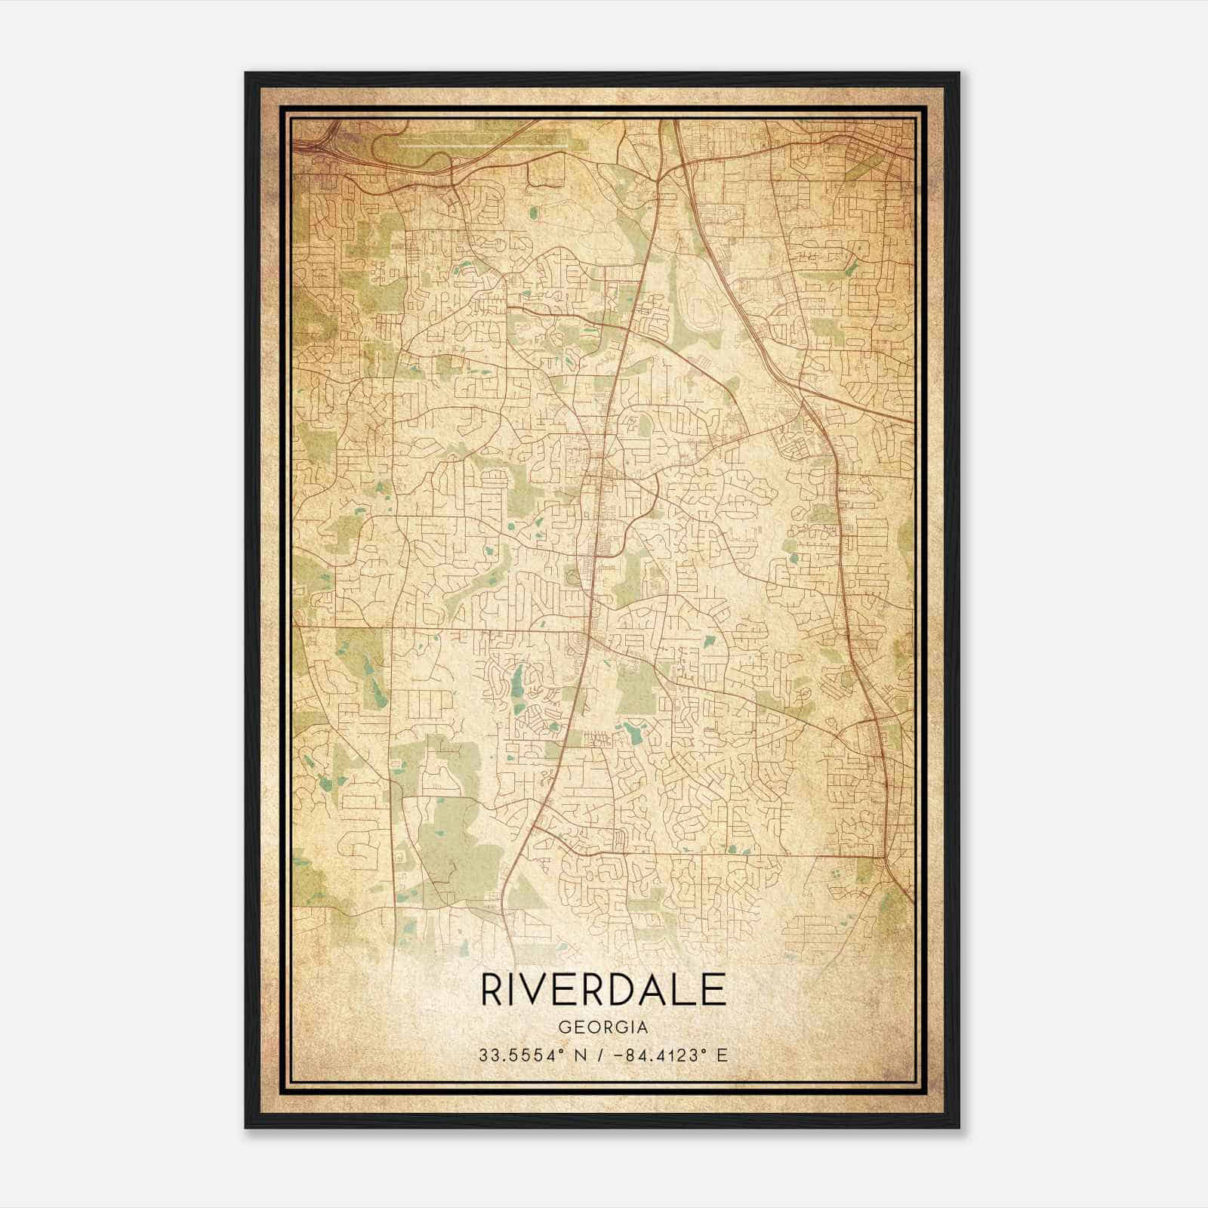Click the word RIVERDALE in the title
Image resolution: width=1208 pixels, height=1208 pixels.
(602, 990)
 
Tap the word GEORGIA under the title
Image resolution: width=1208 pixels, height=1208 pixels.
(602, 1028)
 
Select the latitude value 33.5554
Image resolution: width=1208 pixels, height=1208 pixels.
(510, 1055)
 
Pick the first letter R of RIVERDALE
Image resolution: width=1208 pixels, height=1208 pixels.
(492, 990)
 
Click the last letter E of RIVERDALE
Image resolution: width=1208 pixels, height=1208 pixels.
(714, 990)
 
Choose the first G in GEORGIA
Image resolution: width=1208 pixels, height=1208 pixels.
(564, 1028)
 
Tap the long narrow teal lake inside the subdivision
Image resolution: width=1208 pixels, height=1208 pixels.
(516, 683)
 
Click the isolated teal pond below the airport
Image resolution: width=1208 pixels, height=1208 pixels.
(535, 214)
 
